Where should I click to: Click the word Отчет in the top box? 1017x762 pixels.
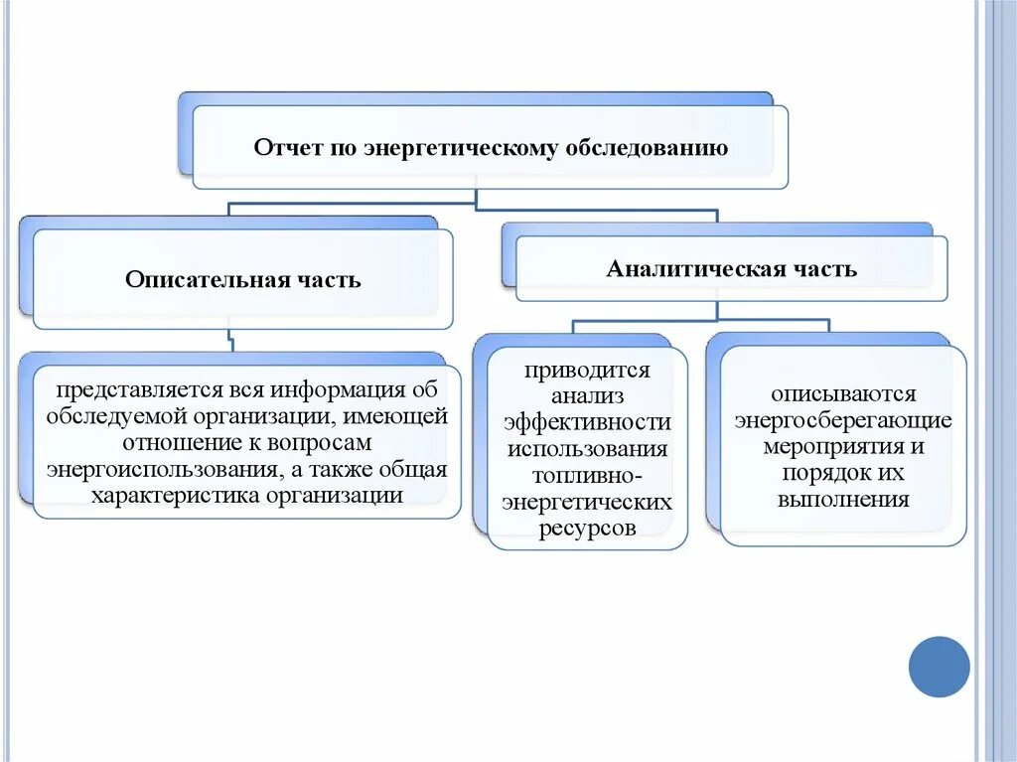coord(285,148)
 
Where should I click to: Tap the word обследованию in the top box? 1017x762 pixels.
coord(647,148)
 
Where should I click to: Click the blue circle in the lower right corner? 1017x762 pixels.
coord(939,667)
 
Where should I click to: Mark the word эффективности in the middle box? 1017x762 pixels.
coord(587,423)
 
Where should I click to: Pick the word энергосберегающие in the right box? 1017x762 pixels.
coord(843,419)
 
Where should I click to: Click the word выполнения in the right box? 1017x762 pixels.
coord(843,499)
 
